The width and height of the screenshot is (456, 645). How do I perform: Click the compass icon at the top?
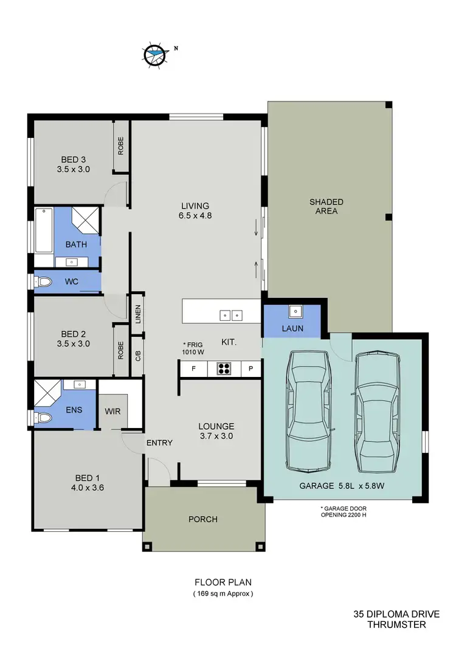[x=154, y=55]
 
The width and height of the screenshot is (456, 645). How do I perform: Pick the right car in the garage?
[x=378, y=413]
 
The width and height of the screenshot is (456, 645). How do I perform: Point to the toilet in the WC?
[x=43, y=282]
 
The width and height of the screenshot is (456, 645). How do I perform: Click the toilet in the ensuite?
[x=43, y=418]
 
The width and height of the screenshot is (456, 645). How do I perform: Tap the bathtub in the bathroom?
[x=44, y=231]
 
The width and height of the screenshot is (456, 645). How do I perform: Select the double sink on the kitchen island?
[x=231, y=315]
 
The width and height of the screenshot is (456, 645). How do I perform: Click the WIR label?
[x=112, y=411]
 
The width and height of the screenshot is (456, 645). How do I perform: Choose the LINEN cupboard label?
[x=138, y=313]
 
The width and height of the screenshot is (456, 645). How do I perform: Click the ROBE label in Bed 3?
[x=121, y=147]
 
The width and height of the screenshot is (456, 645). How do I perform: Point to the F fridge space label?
[x=193, y=369]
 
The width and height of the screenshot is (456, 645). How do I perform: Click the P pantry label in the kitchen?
[x=250, y=369]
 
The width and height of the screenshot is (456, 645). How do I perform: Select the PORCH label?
[x=202, y=519]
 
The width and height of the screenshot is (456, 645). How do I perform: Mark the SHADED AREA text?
[x=326, y=207]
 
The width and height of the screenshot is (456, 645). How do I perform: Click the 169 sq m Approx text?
[x=223, y=593]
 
